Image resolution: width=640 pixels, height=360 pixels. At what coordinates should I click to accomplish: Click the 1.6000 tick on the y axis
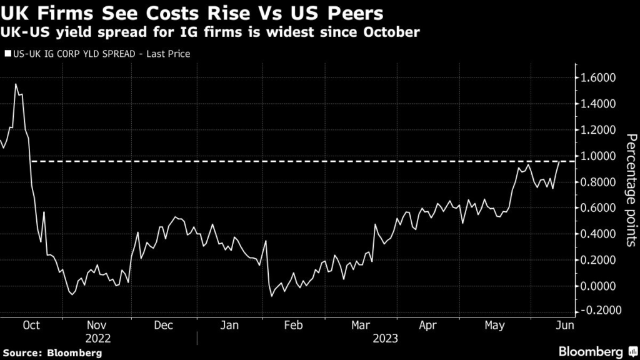[601, 78]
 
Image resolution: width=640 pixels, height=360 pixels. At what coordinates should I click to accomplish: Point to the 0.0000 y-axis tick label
[601, 286]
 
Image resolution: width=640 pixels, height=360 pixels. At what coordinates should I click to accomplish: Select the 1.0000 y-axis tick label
[601, 156]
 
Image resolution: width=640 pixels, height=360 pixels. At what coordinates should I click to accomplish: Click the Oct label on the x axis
[31, 325]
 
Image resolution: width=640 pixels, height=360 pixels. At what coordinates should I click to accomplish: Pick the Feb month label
[293, 325]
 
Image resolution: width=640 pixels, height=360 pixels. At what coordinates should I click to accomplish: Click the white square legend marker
[7, 54]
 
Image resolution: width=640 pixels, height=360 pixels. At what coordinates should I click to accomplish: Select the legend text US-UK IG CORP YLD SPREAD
[75, 54]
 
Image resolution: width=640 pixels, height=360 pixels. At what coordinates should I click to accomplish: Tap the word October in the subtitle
[388, 31]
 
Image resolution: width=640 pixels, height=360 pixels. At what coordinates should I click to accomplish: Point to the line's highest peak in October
[16, 84]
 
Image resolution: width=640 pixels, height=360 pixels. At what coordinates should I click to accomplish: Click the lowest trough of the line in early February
[271, 296]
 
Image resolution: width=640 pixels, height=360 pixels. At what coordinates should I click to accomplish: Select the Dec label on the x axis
[163, 325]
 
